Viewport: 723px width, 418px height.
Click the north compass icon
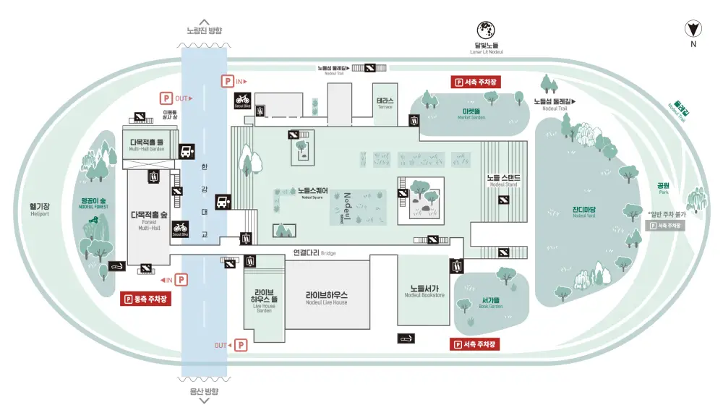693,28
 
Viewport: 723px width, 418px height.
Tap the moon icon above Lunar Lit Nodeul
485,30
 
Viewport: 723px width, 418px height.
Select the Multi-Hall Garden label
147,145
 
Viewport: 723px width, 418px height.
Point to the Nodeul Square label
312,193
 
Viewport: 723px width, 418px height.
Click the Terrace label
385,103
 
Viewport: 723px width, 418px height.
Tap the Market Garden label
472,114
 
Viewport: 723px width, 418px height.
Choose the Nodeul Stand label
504,179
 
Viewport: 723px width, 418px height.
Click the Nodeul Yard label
583,212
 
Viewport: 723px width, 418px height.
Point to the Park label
663,187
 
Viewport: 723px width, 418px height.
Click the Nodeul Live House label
326,297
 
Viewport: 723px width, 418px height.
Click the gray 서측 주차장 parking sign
666,226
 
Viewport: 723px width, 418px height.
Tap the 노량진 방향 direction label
204,30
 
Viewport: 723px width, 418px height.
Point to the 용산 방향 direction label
204,391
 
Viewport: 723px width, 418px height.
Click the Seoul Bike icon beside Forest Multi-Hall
180,229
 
